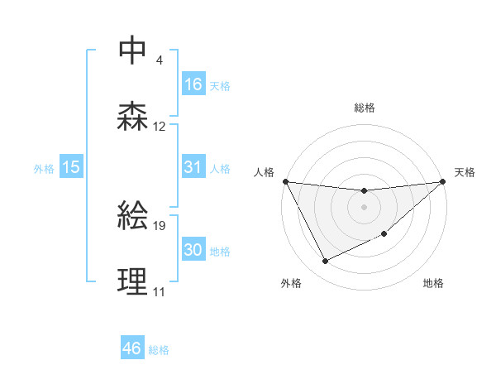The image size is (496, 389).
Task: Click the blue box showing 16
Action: [193, 84]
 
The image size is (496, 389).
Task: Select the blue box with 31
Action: [193, 167]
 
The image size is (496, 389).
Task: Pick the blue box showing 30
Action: [193, 250]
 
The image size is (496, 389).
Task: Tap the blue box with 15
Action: [71, 167]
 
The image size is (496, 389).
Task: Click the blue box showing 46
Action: [132, 348]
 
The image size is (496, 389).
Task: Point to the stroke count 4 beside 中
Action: [159, 60]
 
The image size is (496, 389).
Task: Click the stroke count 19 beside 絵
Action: [160, 225]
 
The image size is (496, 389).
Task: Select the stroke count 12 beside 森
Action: [160, 127]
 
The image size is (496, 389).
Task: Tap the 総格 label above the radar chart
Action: [364, 108]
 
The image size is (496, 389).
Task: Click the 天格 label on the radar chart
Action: [465, 172]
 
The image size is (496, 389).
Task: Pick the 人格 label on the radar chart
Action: [265, 172]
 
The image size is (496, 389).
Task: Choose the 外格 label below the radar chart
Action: [291, 283]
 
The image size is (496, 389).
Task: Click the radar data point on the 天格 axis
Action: [442, 181]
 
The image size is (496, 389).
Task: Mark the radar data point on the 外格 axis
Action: [325, 262]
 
